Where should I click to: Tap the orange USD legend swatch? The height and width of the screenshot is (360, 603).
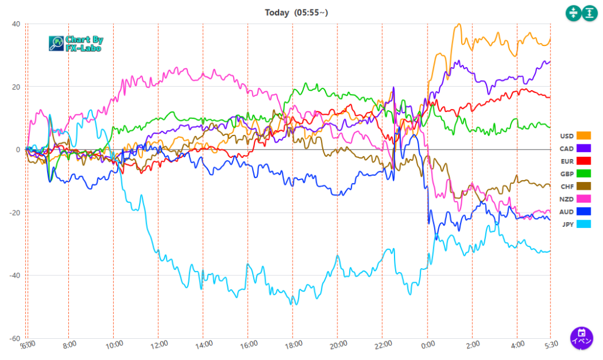[x=584, y=136]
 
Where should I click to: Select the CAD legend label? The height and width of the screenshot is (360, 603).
[x=566, y=148]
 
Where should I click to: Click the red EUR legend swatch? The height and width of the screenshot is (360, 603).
[x=584, y=161]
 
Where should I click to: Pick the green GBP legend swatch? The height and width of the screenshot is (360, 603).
[x=584, y=174]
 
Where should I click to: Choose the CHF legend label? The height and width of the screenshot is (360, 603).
[x=566, y=187]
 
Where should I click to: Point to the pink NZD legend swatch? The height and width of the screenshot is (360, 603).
[x=584, y=199]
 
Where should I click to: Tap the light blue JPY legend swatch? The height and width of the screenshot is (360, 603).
[x=584, y=224]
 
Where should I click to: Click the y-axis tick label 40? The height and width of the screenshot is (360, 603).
[x=15, y=24]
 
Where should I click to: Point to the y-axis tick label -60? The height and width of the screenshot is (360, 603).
[x=14, y=339]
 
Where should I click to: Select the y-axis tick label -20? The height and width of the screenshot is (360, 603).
[x=14, y=213]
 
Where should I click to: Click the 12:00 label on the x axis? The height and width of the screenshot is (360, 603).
[x=158, y=345]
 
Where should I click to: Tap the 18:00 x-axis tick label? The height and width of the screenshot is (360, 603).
[x=293, y=345]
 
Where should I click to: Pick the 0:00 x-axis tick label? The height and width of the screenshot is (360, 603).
[x=428, y=345]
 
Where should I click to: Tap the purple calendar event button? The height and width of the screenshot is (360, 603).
[x=581, y=338]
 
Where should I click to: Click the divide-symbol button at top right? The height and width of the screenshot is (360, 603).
[x=573, y=13]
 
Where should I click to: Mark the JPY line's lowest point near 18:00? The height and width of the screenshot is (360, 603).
[x=293, y=304]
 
